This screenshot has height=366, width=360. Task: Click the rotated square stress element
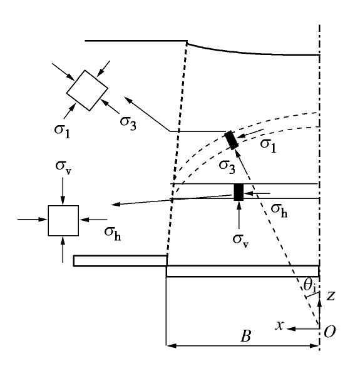[x=87, y=90]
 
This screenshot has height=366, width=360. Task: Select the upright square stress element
[x=63, y=221]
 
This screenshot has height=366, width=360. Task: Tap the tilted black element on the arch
[x=231, y=140]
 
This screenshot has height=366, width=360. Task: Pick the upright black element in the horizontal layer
[x=239, y=192]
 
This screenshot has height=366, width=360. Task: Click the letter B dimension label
[x=246, y=337]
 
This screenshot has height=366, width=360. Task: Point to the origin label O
[x=329, y=332]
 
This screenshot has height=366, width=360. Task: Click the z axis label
[x=331, y=295]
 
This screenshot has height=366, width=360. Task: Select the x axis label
[x=280, y=325]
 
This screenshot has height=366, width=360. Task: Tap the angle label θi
[x=310, y=286]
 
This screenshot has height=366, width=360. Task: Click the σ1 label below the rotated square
[x=62, y=131]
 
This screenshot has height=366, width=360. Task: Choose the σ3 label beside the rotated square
[x=128, y=123]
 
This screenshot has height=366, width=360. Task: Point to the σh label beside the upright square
[x=112, y=233]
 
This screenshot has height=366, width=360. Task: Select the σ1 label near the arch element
[x=268, y=146]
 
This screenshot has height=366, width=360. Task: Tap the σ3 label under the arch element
[x=227, y=167]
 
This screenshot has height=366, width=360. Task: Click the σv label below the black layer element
[x=240, y=241]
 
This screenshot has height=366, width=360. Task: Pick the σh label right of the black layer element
[x=279, y=211]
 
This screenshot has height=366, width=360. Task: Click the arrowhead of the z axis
[x=319, y=302]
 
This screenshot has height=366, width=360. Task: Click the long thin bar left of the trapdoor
[x=120, y=261]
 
